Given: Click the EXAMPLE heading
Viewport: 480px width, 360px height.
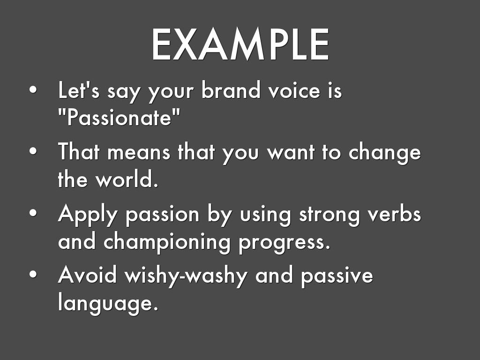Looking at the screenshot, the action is click(x=240, y=45).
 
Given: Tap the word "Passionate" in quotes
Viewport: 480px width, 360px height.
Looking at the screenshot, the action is click(x=119, y=117).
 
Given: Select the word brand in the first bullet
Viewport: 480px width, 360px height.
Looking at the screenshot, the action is click(x=231, y=90).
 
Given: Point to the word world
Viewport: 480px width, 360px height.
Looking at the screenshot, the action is click(x=127, y=179).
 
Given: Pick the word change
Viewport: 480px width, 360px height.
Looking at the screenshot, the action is click(x=385, y=152).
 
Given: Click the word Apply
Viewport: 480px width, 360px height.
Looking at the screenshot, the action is click(x=88, y=214).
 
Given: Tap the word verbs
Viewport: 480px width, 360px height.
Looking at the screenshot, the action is click(x=394, y=213).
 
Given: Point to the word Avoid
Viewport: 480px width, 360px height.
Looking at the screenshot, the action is click(x=87, y=275).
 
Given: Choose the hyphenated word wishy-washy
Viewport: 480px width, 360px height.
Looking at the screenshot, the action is click(x=186, y=276).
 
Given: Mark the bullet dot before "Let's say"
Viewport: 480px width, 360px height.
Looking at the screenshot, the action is click(x=33, y=90).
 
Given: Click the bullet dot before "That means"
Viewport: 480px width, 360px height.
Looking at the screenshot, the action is click(x=33, y=151).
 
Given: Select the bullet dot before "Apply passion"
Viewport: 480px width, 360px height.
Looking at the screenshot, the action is click(x=33, y=213).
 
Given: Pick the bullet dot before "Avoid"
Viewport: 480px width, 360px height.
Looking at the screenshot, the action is click(x=33, y=274).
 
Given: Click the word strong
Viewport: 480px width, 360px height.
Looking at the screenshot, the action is click(x=329, y=215).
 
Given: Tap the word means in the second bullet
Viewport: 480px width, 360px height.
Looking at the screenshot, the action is click(x=139, y=152).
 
